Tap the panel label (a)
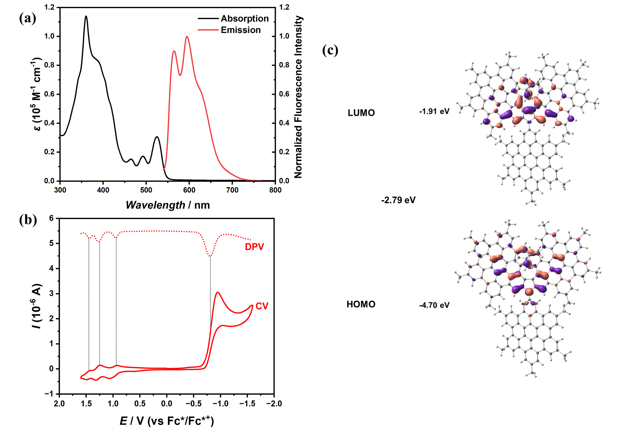(x=28, y=18)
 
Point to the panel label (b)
(x=28, y=220)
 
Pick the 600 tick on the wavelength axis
(x=189, y=190)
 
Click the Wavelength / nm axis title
(x=168, y=205)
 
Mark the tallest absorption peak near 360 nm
(x=86, y=16)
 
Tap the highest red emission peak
(x=187, y=37)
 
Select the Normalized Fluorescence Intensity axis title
(x=298, y=97)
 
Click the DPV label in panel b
(x=254, y=247)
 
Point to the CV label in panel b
(x=262, y=306)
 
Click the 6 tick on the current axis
(x=52, y=218)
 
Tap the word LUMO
(x=361, y=113)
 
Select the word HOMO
(x=361, y=304)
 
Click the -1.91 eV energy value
(x=434, y=111)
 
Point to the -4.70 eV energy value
(x=434, y=305)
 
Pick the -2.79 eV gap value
(x=398, y=200)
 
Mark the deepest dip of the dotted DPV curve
(x=210, y=256)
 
